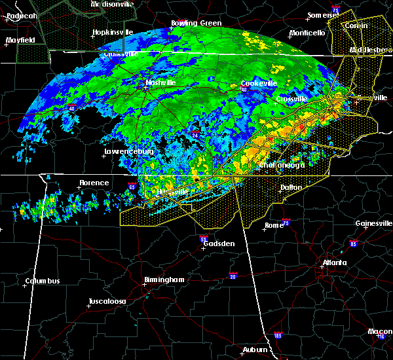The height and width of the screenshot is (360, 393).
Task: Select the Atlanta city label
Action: (x=335, y=263)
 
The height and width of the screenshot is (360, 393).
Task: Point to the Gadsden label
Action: (x=218, y=243)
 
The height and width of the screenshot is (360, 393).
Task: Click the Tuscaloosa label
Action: (x=107, y=302)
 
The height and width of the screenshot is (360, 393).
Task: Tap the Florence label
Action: (x=94, y=183)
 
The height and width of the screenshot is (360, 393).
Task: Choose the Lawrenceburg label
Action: (x=128, y=152)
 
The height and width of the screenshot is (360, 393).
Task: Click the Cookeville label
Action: (x=258, y=83)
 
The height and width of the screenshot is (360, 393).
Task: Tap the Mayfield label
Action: (x=20, y=40)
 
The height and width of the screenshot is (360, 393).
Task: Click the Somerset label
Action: (x=325, y=14)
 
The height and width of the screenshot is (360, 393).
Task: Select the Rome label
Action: (x=274, y=226)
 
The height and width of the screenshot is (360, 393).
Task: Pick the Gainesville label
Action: (x=373, y=223)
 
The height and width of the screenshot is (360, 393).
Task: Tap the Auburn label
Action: (x=254, y=350)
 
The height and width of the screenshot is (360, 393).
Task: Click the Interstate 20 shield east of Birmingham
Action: (x=233, y=276)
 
